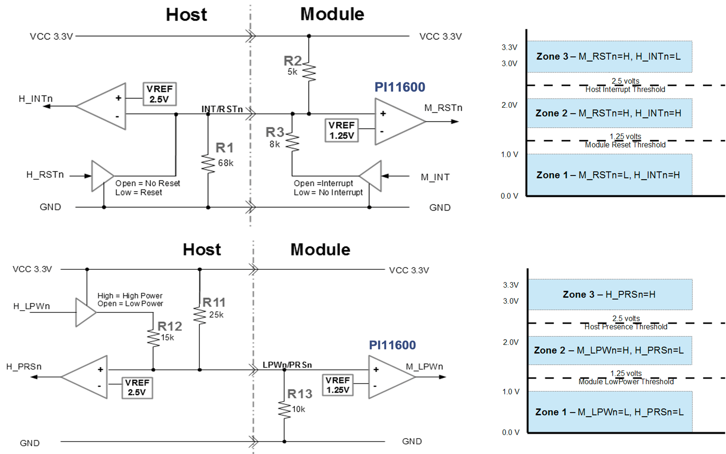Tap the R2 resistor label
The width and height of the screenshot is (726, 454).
[x=292, y=61]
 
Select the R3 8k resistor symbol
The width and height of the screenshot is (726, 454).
[x=292, y=142]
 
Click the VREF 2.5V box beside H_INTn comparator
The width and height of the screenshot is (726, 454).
[x=159, y=94]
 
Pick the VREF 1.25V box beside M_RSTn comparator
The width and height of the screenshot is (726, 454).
[x=341, y=131]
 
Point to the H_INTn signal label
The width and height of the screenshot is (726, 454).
[x=36, y=99]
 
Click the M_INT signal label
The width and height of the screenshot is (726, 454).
[x=435, y=177]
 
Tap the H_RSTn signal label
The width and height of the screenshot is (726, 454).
[x=45, y=175]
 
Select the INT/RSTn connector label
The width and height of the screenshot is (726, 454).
[x=222, y=109]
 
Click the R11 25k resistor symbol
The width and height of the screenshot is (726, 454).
[x=200, y=315]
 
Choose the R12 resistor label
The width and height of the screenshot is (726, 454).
[x=170, y=326]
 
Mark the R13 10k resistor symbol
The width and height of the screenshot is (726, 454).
[x=284, y=410]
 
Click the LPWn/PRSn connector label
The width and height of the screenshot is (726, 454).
[x=287, y=365]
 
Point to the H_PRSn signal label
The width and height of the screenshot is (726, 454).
[x=24, y=367]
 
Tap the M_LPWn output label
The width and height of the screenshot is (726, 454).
[x=424, y=367]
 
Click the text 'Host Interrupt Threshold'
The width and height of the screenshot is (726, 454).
[x=625, y=90]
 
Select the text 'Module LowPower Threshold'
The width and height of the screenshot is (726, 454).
[x=626, y=382]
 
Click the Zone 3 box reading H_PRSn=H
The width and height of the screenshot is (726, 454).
[x=610, y=294]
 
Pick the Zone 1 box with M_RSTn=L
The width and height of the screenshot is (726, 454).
[x=609, y=175]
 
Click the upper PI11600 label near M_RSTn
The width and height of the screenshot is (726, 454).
[x=400, y=87]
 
